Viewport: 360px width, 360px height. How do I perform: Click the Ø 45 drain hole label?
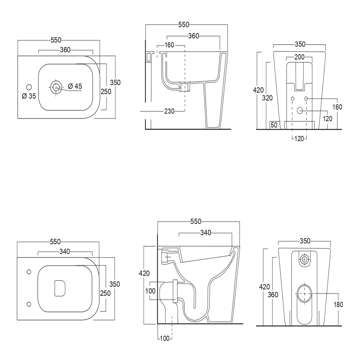(x=75, y=86)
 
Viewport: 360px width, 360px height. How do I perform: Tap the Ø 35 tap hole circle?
(x=29, y=87)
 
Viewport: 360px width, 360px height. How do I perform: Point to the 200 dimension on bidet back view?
(x=299, y=57)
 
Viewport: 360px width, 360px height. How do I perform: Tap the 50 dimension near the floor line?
(x=274, y=125)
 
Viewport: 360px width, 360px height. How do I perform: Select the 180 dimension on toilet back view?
(x=338, y=305)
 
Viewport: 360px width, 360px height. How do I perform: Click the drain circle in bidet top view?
(x=56, y=87)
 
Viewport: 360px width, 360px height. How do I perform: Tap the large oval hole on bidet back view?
(x=300, y=111)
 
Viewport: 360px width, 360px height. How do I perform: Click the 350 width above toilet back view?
(x=304, y=241)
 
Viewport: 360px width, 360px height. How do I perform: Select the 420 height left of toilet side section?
(x=144, y=273)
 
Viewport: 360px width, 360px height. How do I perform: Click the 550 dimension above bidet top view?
(x=56, y=40)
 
